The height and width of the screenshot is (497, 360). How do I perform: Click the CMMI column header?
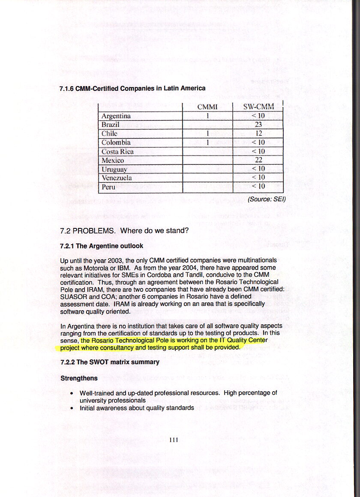click(x=207, y=107)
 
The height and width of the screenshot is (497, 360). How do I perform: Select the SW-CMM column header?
click(x=258, y=107)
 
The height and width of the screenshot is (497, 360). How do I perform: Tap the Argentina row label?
click(x=116, y=116)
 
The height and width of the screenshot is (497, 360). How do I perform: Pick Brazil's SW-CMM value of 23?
click(x=258, y=125)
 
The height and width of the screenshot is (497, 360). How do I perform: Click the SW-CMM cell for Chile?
click(x=258, y=134)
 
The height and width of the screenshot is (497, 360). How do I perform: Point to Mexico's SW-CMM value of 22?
click(x=258, y=160)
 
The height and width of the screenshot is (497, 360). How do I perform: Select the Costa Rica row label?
click(x=117, y=152)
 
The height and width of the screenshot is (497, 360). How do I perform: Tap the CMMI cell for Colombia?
click(x=207, y=143)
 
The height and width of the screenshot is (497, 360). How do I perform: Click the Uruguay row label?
click(x=114, y=169)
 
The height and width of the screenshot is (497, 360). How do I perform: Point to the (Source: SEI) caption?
click(x=267, y=199)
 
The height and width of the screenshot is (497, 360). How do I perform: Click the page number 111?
click(x=174, y=440)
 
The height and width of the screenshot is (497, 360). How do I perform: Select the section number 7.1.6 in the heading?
click(x=66, y=89)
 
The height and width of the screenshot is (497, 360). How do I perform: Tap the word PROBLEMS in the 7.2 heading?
click(x=94, y=231)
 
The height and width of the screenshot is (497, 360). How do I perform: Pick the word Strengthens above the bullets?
click(x=79, y=378)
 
